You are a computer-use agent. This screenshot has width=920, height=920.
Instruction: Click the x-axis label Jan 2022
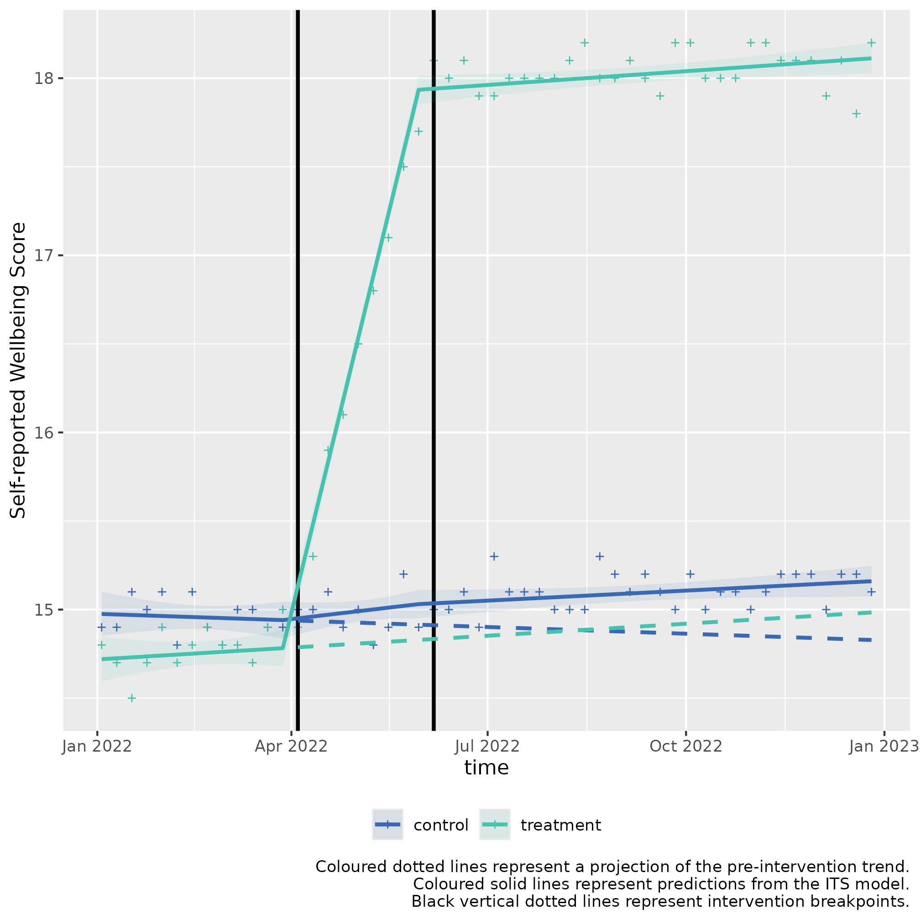97,746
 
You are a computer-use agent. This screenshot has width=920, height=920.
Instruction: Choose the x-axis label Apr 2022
291,746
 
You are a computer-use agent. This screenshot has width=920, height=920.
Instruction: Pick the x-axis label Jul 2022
486,746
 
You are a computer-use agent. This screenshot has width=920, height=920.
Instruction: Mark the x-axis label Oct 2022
686,746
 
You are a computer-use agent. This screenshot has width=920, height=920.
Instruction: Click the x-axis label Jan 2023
883,746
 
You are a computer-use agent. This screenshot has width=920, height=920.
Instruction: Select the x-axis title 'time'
486,768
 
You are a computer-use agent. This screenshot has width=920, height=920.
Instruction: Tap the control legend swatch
387,824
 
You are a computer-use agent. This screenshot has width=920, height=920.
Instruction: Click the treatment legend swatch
494,824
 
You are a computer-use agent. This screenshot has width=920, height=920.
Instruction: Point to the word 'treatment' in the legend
560,825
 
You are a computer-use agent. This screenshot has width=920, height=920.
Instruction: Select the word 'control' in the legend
440,825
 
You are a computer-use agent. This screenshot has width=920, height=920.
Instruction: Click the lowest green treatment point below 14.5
132,699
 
